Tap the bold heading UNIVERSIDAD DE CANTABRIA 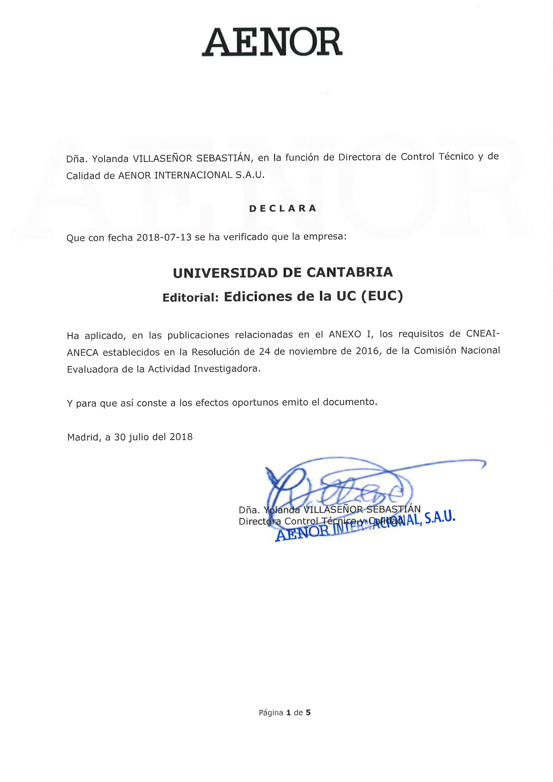pyautogui.click(x=283, y=273)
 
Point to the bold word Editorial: pyautogui.click(x=190, y=297)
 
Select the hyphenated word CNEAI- pyautogui.click(x=483, y=333)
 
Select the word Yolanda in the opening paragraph pyautogui.click(x=110, y=159)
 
